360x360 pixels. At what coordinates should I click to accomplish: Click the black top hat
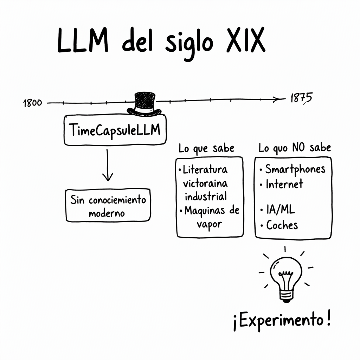tap(144, 103)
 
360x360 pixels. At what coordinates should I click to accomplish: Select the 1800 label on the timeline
tap(32, 103)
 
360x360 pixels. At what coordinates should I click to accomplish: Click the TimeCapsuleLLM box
tap(115, 130)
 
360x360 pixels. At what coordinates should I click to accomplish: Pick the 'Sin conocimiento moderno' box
tap(108, 205)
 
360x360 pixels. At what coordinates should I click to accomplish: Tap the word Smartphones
tap(295, 169)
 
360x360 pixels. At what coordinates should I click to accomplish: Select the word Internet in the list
tap(284, 184)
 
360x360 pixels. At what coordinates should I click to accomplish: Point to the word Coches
tap(282, 225)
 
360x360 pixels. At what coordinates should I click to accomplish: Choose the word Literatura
tap(205, 170)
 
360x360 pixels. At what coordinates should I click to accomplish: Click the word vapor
tap(209, 224)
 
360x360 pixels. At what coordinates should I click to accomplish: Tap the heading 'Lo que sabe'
tap(206, 148)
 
